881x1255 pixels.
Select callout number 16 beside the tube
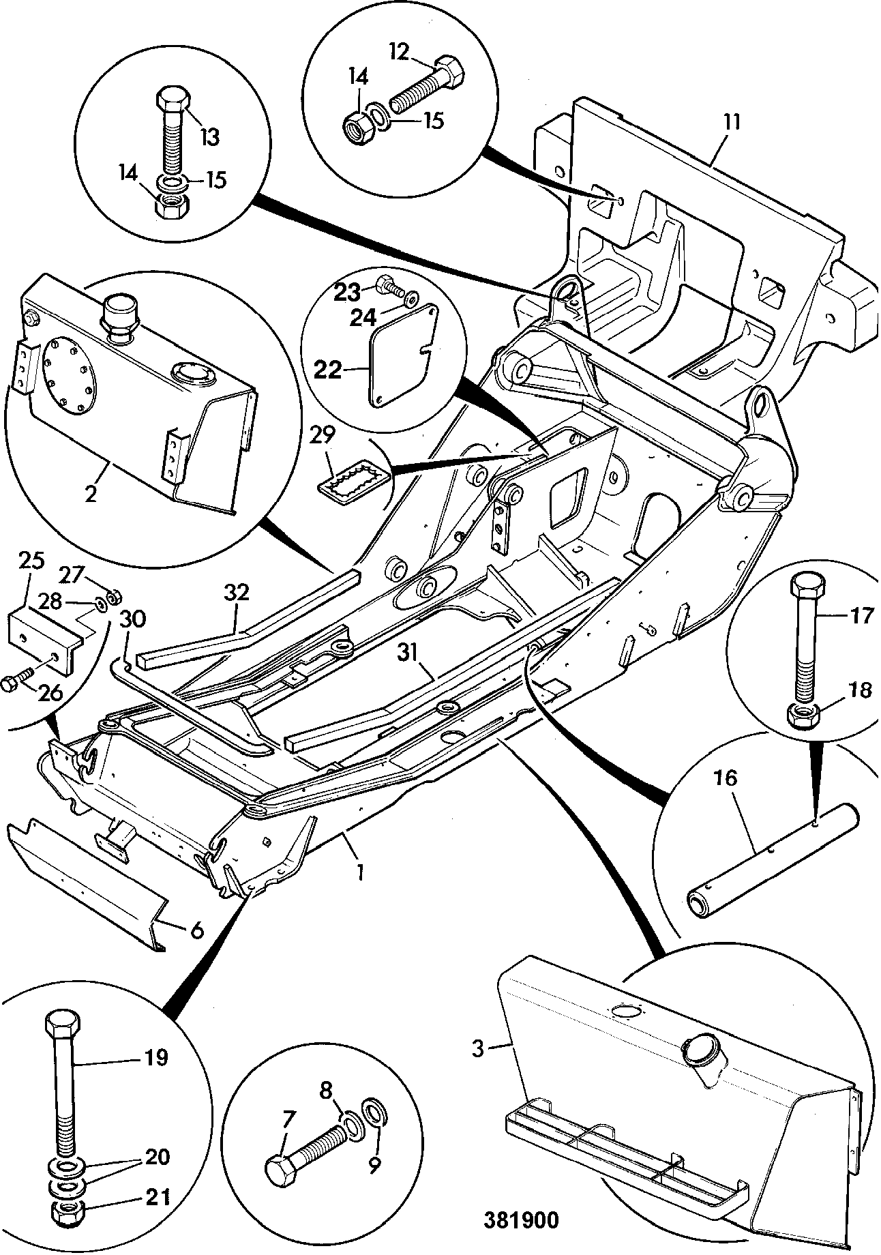click(727, 778)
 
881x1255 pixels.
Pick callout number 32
click(236, 593)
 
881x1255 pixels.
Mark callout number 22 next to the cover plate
click(327, 370)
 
